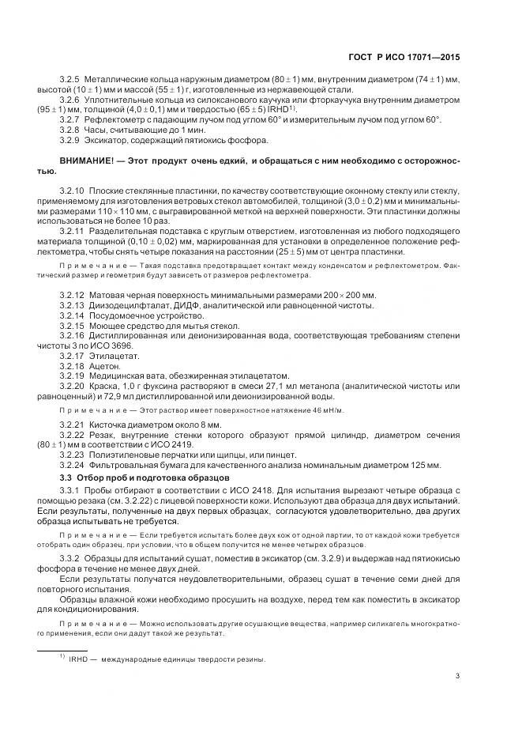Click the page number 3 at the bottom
[x=458, y=675]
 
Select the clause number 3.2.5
[x=71, y=80]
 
